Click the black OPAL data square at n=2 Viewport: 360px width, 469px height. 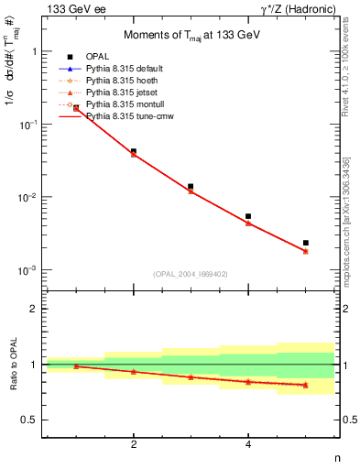point(134,151)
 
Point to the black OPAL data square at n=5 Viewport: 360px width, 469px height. point(305,243)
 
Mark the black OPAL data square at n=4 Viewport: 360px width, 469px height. point(248,216)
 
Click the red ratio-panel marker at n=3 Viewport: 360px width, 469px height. point(191,377)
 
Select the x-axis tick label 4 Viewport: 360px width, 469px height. point(248,444)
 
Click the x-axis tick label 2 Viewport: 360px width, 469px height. point(134,444)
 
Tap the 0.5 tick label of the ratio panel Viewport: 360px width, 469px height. point(30,420)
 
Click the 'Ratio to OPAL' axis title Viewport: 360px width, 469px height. point(12,365)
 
